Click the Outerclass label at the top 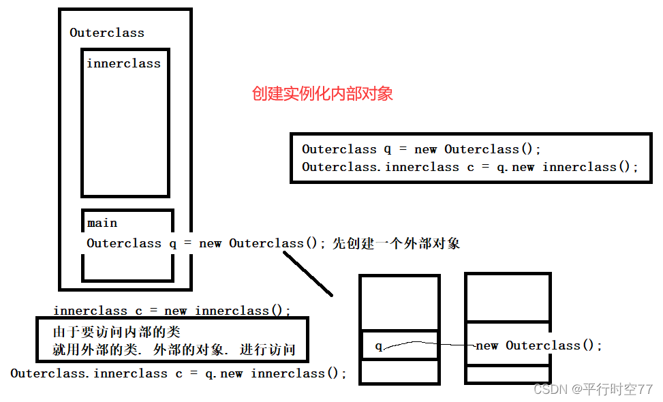tap(107, 33)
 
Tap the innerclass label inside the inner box tap(123, 63)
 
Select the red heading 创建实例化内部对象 tap(322, 94)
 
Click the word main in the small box tap(102, 223)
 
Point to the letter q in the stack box tap(379, 346)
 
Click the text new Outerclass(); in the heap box tap(539, 345)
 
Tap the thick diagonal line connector tap(308, 274)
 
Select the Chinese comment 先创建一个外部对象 tap(396, 243)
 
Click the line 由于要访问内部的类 tap(116, 333)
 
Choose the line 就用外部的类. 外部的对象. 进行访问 tap(174, 351)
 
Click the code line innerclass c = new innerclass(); tap(172, 311)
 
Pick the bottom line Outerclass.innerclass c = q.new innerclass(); tap(179, 373)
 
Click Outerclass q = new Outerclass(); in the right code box tap(421, 149)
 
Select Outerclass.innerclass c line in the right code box tap(470, 167)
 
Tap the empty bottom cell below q tap(399, 371)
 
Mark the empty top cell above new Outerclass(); tap(508, 297)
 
